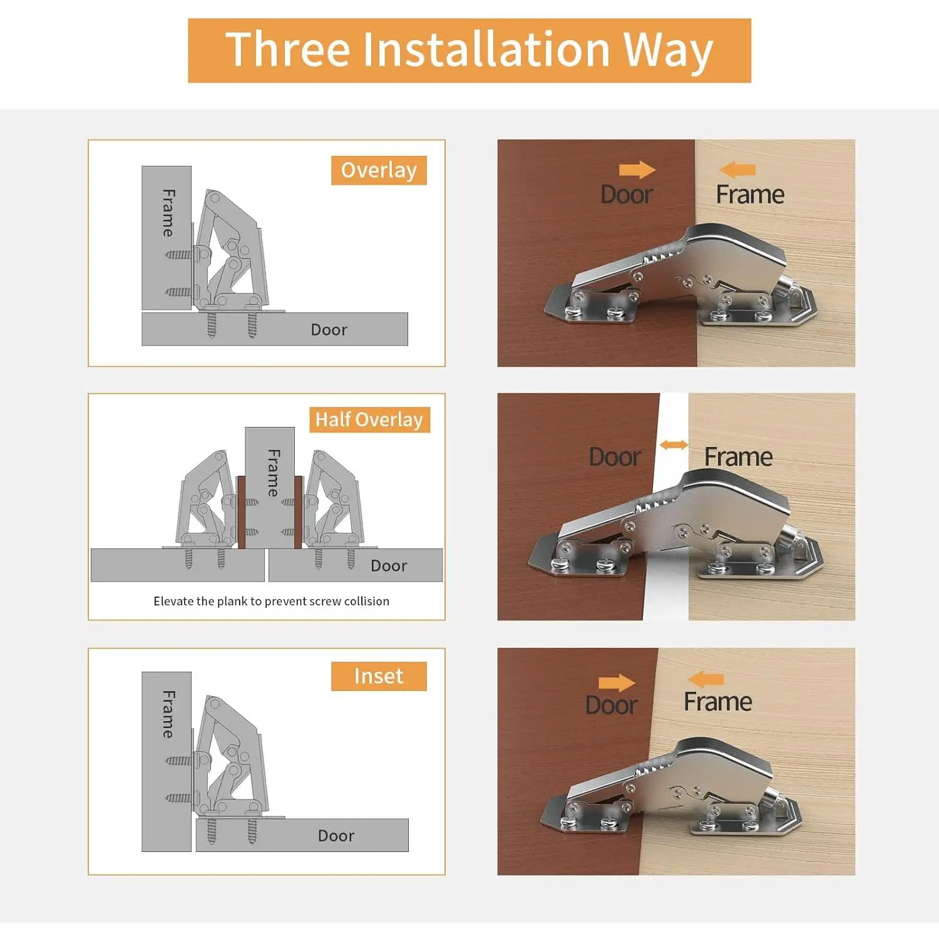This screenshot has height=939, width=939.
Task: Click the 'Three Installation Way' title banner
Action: (469, 50)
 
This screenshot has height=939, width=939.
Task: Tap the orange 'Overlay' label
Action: (379, 170)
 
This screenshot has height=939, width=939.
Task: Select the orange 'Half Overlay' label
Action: (369, 419)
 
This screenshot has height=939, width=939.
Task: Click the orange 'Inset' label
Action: (379, 676)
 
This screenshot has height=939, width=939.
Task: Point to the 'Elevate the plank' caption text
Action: (271, 601)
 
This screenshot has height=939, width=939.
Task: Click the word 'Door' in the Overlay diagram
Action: (329, 330)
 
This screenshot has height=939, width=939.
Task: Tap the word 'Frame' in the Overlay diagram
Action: (168, 213)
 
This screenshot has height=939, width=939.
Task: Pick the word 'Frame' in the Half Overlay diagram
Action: (273, 473)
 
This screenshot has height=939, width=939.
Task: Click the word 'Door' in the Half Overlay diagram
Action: (389, 566)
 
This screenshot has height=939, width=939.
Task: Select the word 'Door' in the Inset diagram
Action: (336, 836)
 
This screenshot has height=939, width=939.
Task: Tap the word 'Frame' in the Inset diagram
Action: (168, 714)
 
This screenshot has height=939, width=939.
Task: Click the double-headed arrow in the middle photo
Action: (674, 445)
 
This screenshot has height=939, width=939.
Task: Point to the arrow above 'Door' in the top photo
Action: (637, 170)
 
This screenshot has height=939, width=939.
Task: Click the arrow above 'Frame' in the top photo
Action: (737, 170)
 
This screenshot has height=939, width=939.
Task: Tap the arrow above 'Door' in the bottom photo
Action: (617, 682)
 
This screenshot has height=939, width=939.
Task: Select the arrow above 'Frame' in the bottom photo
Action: (706, 679)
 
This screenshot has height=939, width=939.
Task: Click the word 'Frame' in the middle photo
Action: (739, 457)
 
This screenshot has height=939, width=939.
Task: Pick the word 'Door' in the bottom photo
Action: (612, 706)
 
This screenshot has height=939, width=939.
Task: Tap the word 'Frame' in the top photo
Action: (750, 195)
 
